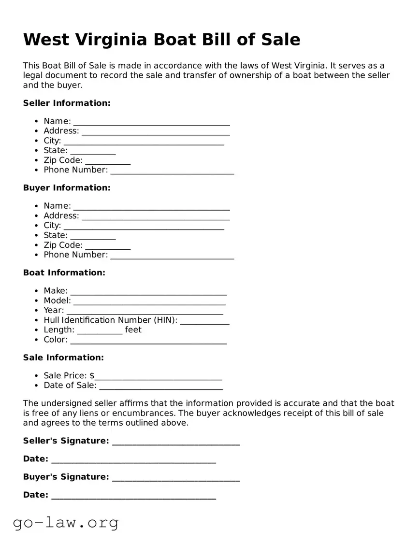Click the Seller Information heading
pos(67,103)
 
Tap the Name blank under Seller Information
pos(151,122)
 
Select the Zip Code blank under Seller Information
pos(108,161)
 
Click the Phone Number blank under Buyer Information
pos(172,256)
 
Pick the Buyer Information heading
pos(67,187)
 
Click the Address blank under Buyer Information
pos(156,217)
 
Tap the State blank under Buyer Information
pos(93,236)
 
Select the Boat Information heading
pos(64,272)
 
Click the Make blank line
pos(148,292)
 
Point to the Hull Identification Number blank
pos(204,321)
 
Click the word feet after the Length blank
pos(133,329)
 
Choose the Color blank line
pos(148,341)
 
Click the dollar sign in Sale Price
pos(92,375)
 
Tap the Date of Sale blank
pos(160,386)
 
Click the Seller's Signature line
pos(176,442)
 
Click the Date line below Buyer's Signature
pos(133,496)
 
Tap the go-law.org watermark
pos(66,522)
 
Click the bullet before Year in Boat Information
pos(37,311)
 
